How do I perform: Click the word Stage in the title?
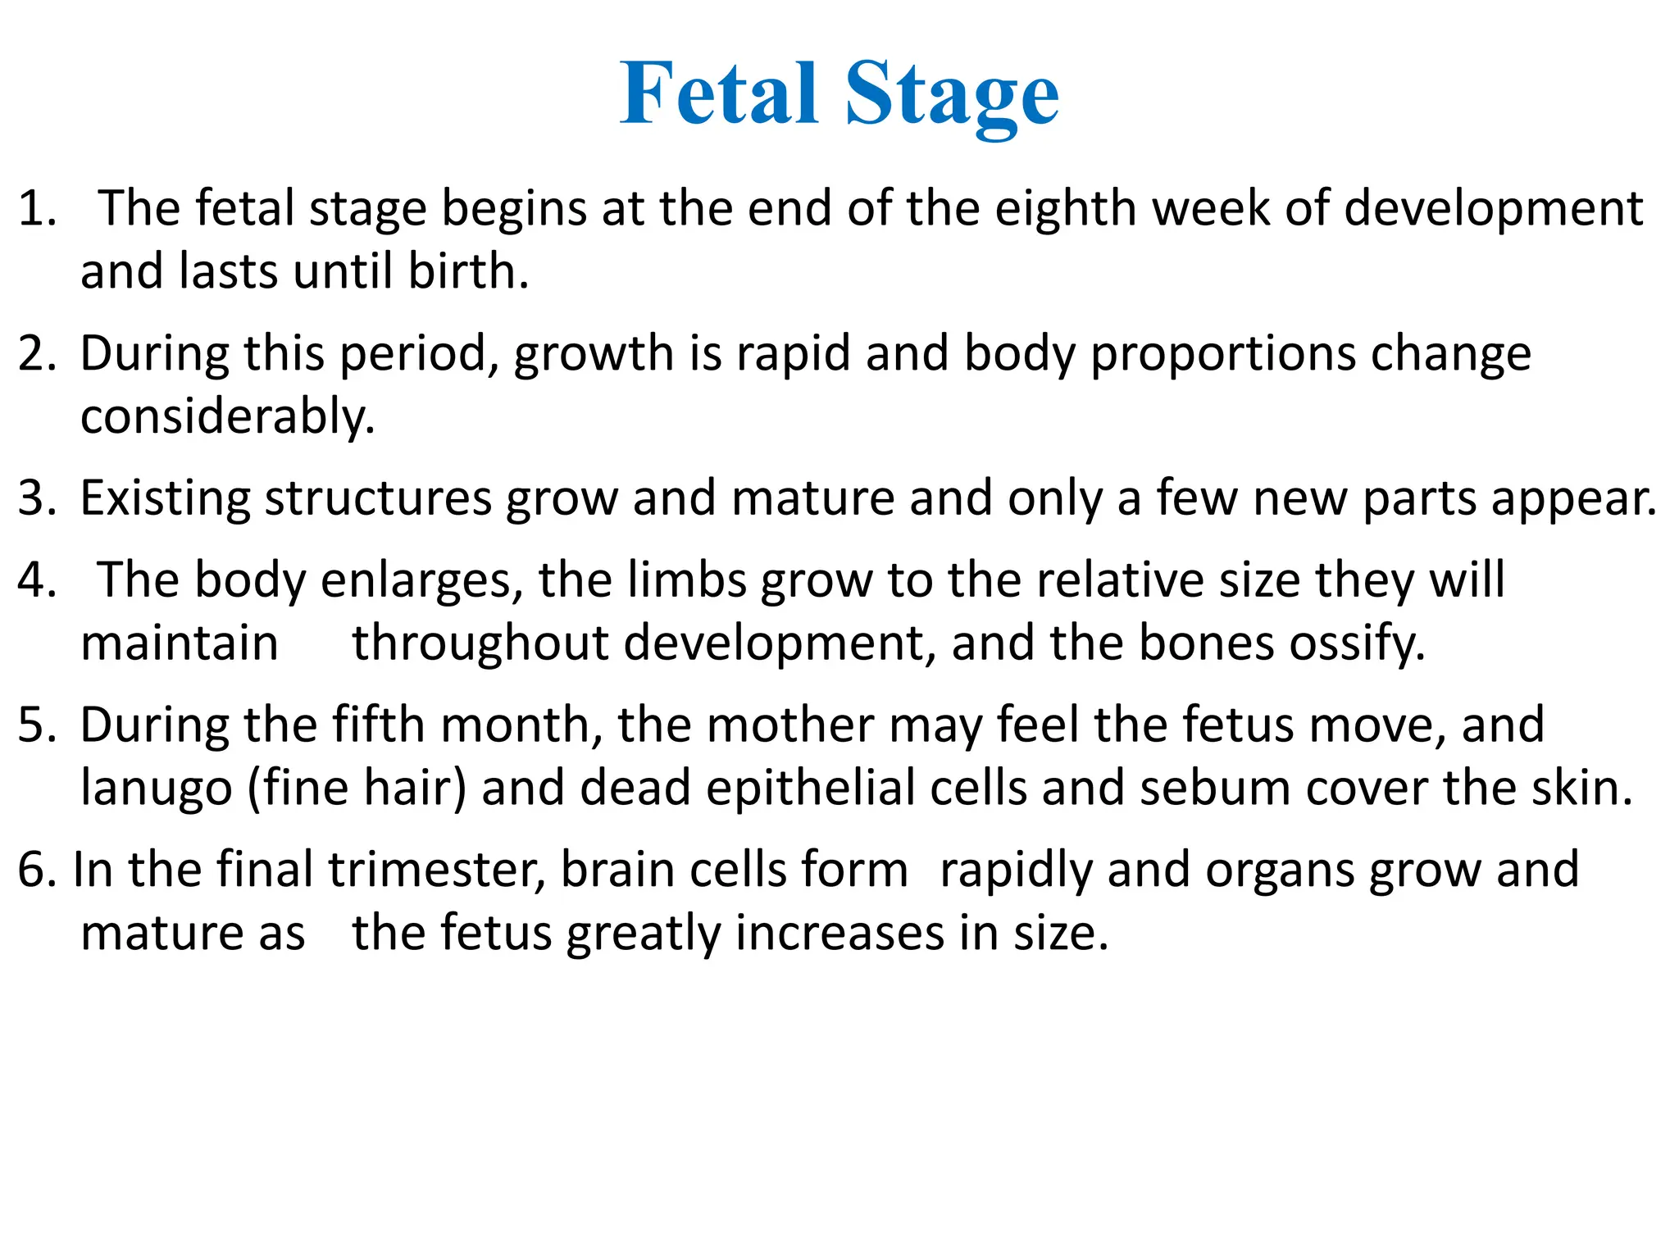coord(952,97)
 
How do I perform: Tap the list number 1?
coord(37,208)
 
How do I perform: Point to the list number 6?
coord(37,870)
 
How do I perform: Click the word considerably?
coord(227,416)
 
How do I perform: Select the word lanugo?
coord(156,789)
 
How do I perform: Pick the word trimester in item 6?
coord(437,870)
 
